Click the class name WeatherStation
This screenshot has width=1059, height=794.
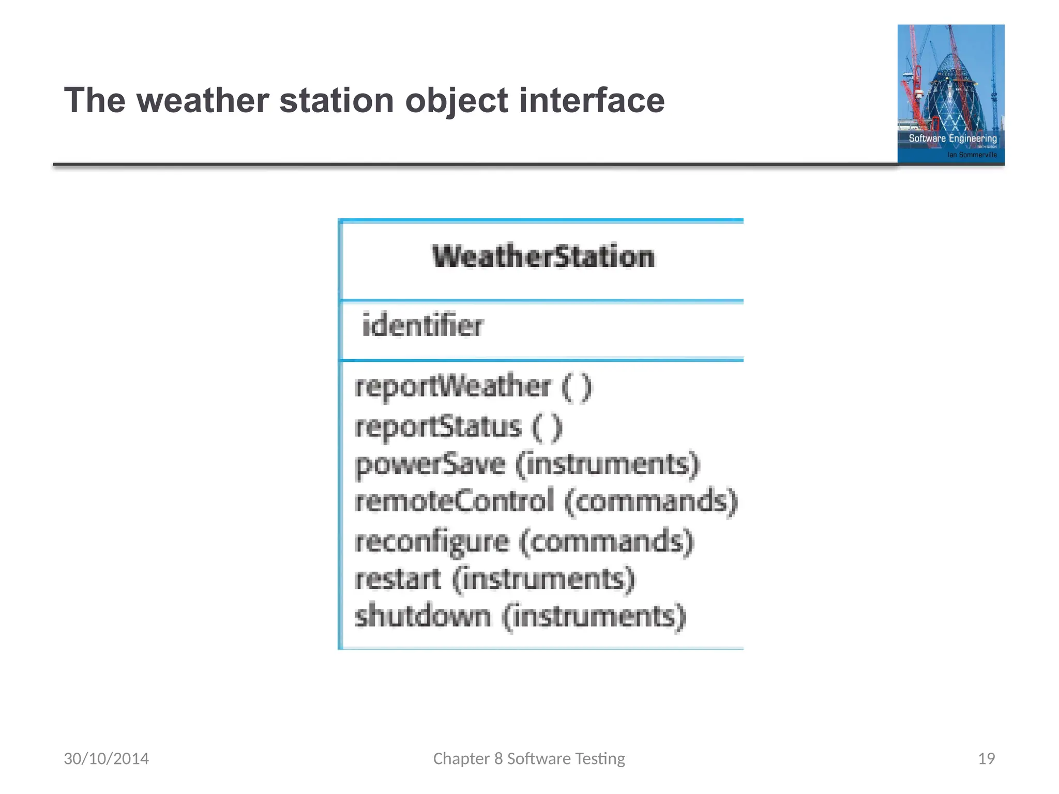pos(543,257)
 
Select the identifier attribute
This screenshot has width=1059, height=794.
pos(422,326)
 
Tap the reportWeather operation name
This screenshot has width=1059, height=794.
pos(452,387)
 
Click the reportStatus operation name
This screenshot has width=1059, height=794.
pos(438,427)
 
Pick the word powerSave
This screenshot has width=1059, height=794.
pos(430,464)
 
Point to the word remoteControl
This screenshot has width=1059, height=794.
pos(454,501)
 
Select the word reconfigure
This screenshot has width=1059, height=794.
pos(432,542)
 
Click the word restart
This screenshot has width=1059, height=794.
pos(398,579)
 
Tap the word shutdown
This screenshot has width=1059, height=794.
pos(422,616)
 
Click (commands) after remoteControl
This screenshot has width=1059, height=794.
pos(651,501)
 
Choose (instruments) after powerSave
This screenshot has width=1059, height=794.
pos(608,464)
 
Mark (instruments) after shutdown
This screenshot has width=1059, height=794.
pos(594,616)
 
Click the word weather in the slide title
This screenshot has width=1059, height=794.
pos(202,100)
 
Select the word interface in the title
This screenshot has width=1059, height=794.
pos(592,100)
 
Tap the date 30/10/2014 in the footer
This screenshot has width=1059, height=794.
pos(106,758)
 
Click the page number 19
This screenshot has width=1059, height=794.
pos(986,758)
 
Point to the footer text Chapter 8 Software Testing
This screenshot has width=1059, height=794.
pos(529,758)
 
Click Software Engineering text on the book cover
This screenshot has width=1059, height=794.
pos(952,139)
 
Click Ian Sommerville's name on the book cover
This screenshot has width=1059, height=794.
pos(972,155)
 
